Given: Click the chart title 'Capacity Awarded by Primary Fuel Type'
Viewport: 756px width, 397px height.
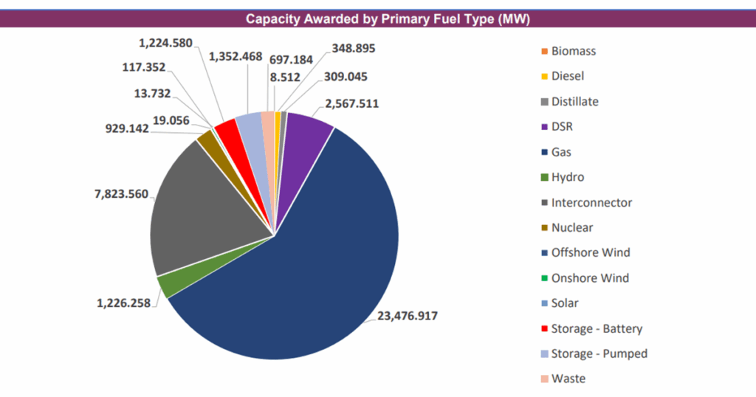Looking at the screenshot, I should tap(377, 18).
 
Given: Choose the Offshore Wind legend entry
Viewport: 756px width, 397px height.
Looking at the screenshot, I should tap(590, 252).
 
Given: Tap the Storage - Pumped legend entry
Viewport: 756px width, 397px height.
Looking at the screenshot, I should tap(598, 353).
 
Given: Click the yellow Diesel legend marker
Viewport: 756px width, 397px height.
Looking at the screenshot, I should tap(545, 76).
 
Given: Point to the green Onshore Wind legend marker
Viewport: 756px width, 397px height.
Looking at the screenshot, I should tap(545, 278).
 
